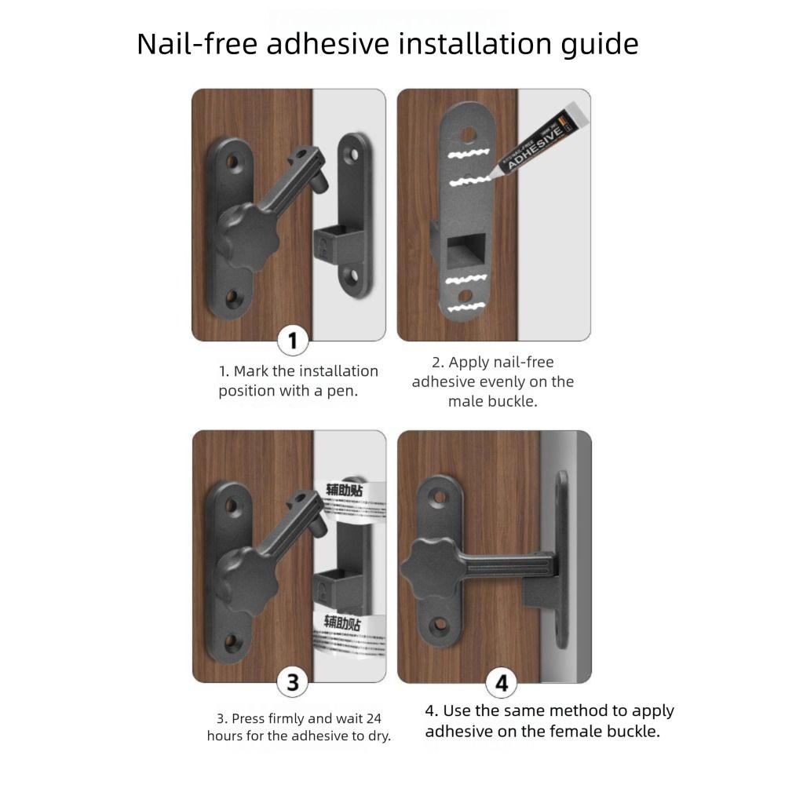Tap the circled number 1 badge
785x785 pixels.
293,341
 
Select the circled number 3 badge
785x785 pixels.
293,681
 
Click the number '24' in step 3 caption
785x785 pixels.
373,717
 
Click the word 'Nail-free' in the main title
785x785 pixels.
197,44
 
